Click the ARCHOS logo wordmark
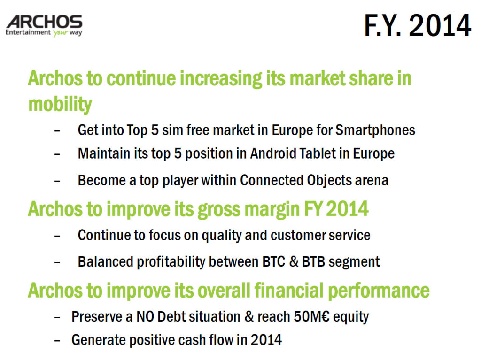coord(44,22)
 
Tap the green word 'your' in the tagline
coord(60,33)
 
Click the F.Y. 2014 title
coord(418,25)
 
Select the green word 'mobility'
coord(60,105)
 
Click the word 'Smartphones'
coord(375,130)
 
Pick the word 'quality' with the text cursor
coord(222,236)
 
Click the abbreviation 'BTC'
coord(274,262)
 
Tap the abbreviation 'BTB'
coord(313,262)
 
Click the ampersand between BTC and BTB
coord(294,262)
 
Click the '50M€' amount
coord(311,316)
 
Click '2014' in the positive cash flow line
coord(266,340)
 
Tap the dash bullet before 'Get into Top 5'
coord(57,131)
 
